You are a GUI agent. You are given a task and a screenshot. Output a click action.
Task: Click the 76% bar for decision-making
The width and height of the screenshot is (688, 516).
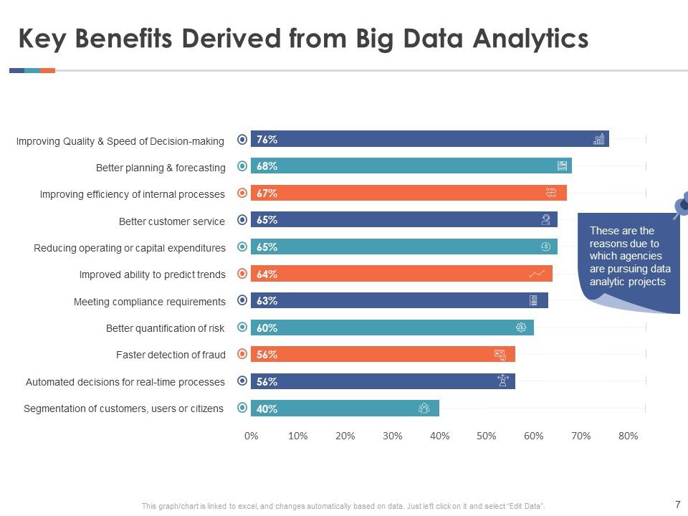point(430,139)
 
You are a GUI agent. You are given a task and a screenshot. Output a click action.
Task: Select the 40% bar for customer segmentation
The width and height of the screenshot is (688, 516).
point(344,408)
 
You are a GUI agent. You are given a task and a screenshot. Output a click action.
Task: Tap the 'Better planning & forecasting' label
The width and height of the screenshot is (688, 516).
point(161,168)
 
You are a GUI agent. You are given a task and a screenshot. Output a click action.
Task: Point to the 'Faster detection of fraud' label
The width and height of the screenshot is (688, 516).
point(171,355)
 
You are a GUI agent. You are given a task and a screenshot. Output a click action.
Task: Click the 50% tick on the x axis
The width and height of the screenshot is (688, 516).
point(486,436)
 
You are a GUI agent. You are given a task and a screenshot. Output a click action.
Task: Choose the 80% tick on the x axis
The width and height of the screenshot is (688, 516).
point(628,436)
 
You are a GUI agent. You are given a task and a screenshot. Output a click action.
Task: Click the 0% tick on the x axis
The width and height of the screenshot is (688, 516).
point(252,436)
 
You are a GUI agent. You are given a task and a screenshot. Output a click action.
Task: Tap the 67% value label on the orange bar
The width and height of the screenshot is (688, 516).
point(267,193)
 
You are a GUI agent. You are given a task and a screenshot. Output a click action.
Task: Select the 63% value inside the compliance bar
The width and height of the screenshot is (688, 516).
point(267,301)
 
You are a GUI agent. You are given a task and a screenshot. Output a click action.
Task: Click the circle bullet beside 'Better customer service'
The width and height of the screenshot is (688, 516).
point(242,220)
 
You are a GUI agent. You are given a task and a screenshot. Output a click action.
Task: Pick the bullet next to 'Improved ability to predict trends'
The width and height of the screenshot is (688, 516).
point(242,274)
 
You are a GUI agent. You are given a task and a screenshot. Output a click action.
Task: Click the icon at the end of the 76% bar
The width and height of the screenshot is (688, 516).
point(598,139)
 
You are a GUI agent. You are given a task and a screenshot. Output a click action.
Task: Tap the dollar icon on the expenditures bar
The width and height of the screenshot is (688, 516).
point(545,247)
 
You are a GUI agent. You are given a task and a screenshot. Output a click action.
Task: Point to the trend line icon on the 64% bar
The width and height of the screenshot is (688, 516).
point(537,274)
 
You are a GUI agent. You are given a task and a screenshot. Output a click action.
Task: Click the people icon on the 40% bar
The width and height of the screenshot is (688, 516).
point(424,408)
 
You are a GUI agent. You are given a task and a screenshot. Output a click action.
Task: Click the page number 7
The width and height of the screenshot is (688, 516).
point(677,504)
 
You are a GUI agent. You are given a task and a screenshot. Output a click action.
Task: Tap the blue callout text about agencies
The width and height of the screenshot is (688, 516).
point(629,256)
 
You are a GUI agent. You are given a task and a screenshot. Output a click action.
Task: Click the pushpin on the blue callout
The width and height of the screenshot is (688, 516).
point(682,204)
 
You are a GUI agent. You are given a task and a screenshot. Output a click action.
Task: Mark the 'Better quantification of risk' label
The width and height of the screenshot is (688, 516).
point(165,328)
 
